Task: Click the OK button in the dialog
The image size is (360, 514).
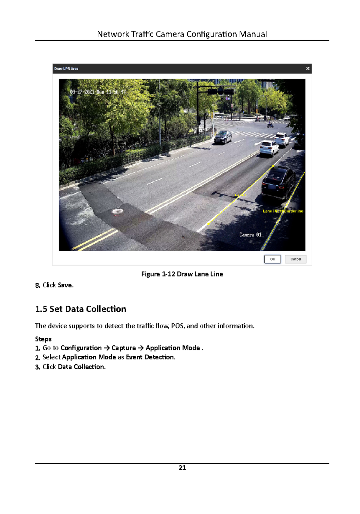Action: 272,259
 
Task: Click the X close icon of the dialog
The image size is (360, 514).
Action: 307,68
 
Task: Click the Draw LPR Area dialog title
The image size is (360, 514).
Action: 66,69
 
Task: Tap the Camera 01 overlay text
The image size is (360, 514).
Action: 250,235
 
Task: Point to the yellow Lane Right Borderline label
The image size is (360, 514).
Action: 283,211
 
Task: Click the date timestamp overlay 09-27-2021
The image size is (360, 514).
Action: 82,92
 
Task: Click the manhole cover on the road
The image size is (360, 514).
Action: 117,211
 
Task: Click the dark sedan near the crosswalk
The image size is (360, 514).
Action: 223,137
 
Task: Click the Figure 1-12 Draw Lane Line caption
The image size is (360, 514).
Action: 182,274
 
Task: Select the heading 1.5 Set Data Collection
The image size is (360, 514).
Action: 81,309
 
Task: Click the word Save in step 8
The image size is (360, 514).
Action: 65,285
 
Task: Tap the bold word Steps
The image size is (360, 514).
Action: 43,339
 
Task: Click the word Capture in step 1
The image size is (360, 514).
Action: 124,348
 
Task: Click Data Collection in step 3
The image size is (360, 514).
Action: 81,367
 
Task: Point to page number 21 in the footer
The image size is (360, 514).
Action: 182,468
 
